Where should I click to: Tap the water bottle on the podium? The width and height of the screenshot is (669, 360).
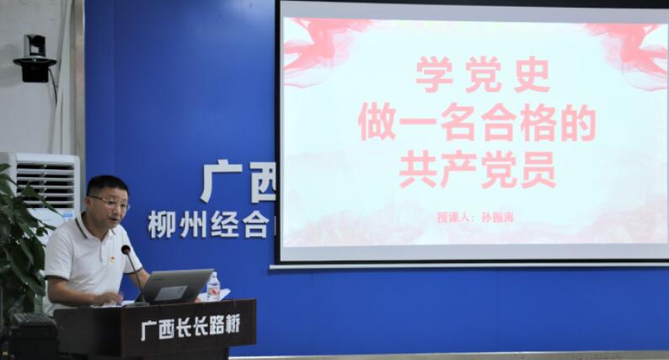(x=213, y=287)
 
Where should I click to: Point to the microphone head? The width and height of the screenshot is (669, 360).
(x=126, y=250)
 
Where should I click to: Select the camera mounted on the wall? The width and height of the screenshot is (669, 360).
(x=35, y=60)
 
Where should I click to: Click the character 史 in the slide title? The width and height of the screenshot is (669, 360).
(x=531, y=75)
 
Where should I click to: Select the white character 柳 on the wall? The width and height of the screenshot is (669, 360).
(x=161, y=224)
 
